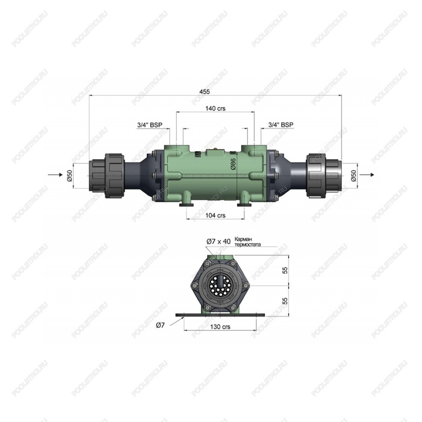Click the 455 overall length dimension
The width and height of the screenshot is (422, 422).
(205, 92)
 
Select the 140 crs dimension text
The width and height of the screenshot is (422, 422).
(215, 108)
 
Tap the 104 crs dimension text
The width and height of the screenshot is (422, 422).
(215, 215)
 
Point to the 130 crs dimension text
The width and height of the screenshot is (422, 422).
(220, 327)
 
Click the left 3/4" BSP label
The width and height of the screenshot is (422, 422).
(150, 125)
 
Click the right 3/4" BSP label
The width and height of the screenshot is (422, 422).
(281, 125)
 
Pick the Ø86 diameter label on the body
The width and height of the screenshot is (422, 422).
(233, 164)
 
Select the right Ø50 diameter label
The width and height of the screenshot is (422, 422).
(354, 176)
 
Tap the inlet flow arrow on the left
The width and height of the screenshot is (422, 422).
(54, 175)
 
